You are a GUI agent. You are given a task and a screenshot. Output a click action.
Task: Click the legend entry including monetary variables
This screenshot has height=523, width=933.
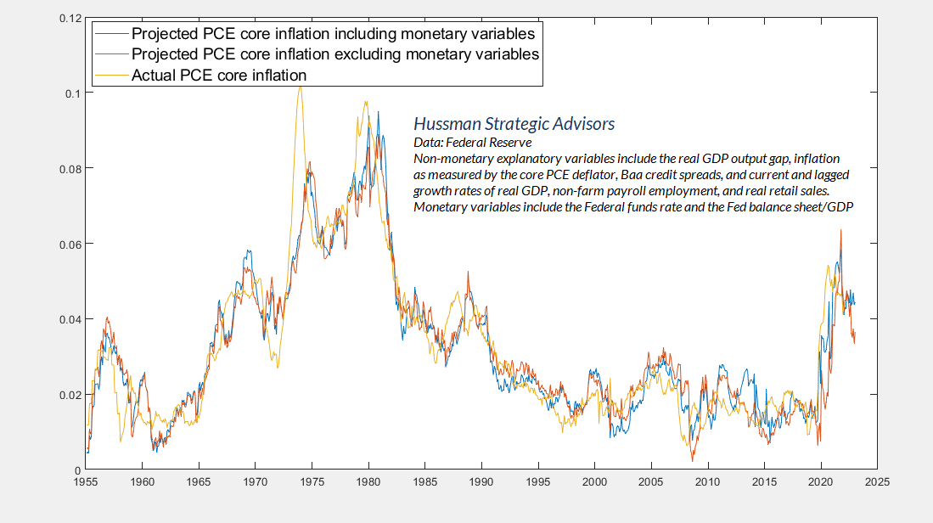click(334, 35)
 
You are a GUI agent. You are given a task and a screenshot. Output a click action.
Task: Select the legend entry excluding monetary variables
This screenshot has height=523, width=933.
click(335, 54)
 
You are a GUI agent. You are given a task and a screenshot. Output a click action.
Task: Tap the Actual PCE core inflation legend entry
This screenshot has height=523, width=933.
click(219, 75)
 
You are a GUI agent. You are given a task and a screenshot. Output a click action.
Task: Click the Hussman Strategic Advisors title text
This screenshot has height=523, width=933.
click(513, 124)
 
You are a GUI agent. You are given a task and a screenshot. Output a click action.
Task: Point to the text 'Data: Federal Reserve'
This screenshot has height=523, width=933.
click(472, 143)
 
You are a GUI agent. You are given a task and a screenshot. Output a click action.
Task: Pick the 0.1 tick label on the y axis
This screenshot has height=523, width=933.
click(75, 93)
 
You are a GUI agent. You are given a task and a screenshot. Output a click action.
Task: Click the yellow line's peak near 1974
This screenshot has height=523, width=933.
click(300, 87)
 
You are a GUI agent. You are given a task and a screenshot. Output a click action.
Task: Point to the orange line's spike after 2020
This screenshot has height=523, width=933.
click(841, 230)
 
